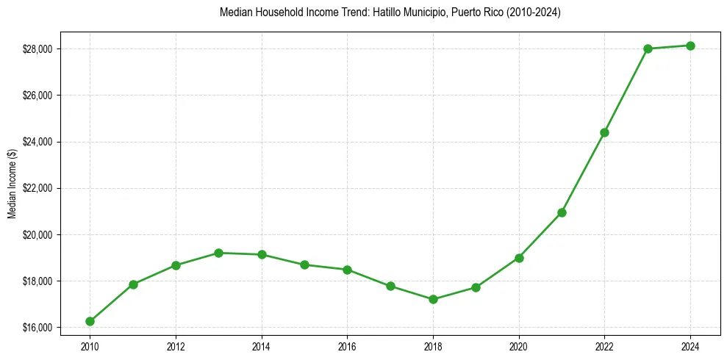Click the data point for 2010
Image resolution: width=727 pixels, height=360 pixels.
click(90, 321)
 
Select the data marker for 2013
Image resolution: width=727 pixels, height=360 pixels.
click(218, 253)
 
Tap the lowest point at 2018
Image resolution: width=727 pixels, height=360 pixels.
click(433, 299)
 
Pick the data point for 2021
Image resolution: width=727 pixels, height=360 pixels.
click(562, 212)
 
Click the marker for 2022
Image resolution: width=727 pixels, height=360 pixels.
click(604, 132)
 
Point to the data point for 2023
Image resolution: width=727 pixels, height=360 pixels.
click(648, 48)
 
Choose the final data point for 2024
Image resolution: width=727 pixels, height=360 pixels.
click(690, 46)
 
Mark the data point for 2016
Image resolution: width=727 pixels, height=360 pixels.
click(347, 270)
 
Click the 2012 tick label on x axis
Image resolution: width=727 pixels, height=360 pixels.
click(176, 345)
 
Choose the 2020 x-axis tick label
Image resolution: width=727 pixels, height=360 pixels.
click(519, 345)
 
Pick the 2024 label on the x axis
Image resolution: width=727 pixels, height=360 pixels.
click(690, 345)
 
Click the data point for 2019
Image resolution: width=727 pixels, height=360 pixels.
click(476, 287)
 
